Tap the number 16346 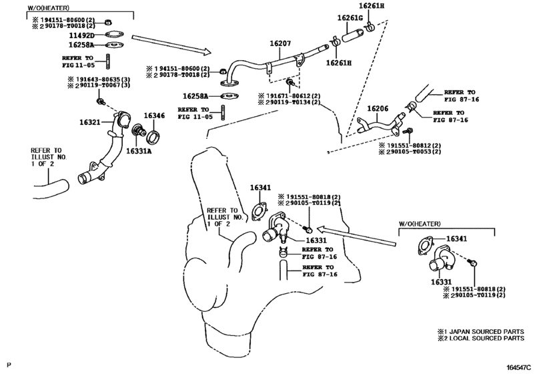(154, 116)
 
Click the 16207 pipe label (281, 43)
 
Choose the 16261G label (350, 18)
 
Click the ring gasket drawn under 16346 (153, 137)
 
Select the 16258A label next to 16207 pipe (196, 96)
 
